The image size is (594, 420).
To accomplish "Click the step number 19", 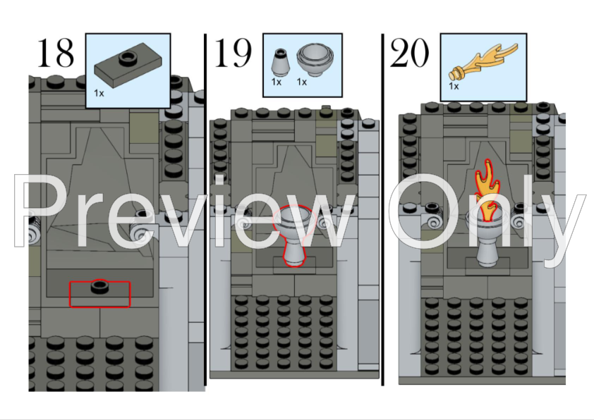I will (234, 53).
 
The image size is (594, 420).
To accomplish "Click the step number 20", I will (409, 53).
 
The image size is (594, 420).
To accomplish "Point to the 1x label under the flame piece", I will (454, 86).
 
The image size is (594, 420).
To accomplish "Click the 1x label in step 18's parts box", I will (99, 92).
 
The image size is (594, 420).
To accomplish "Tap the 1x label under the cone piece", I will (277, 82).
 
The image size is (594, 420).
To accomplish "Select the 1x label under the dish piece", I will (302, 82).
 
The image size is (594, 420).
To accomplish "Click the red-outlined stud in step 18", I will (99, 288).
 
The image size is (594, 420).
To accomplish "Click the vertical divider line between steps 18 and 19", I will (205, 211).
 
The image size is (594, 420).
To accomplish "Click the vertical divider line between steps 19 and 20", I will (383, 211).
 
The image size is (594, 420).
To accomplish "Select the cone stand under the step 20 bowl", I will (487, 254).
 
